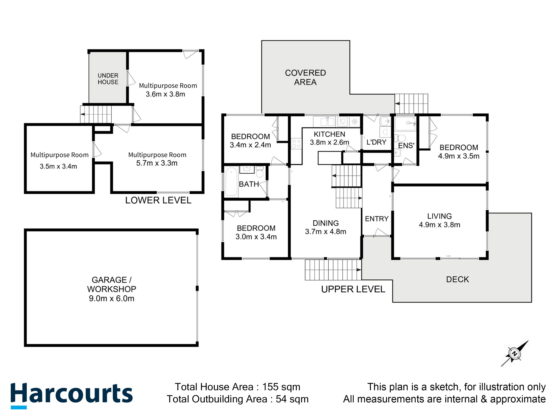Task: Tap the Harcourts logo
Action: pos(71,394)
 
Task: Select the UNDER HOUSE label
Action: pos(108,79)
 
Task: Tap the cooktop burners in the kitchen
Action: pos(296,144)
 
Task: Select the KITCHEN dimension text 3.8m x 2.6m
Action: pos(329,142)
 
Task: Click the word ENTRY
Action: pos(377,219)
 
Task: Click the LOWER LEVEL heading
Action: pos(158,200)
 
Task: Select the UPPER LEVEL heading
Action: pos(353,289)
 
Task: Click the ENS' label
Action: pos(406,146)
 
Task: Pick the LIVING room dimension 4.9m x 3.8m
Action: pos(439,224)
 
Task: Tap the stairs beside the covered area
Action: pos(411,104)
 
